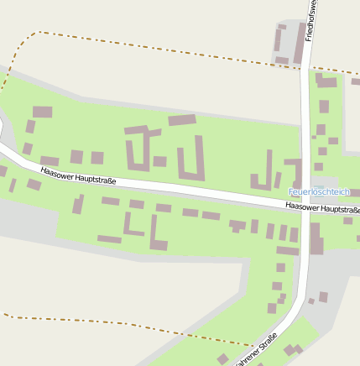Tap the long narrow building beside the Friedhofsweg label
(x=299, y=44)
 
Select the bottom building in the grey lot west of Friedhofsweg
(x=281, y=60)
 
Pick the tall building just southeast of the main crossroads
(x=316, y=238)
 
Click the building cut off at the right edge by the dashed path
(x=356, y=81)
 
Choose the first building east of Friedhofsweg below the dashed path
(x=326, y=81)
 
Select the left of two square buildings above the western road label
(x=77, y=156)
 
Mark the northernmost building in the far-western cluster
(x=42, y=112)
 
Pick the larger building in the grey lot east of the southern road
(x=323, y=296)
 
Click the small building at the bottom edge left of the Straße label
(x=222, y=359)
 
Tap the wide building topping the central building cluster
(x=181, y=120)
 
